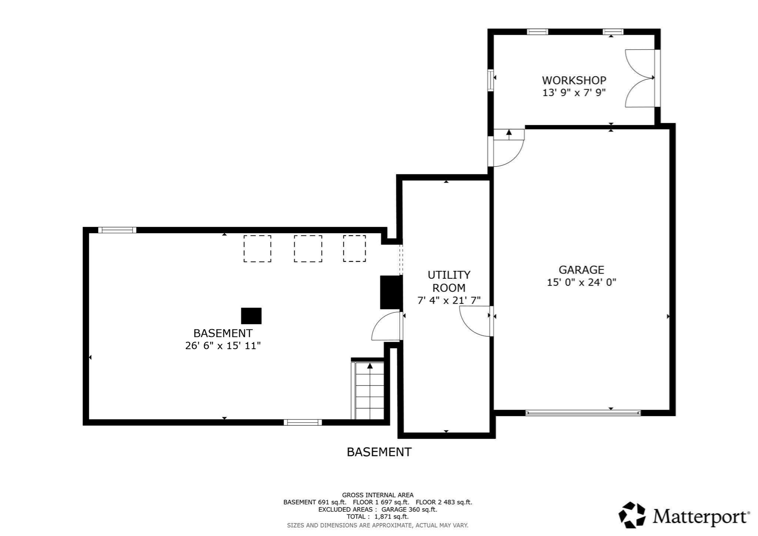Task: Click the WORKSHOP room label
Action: [x=574, y=80]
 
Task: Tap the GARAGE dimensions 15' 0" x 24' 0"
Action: [x=581, y=282]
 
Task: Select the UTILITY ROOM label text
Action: [x=449, y=281]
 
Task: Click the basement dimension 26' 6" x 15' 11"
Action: [x=223, y=346]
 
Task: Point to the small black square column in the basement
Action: [x=251, y=316]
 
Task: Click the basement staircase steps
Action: [x=369, y=392]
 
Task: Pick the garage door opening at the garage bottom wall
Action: [x=583, y=413]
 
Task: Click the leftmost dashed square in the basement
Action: [x=257, y=249]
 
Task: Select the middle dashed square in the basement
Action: [x=308, y=249]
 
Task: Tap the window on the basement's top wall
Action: [x=117, y=230]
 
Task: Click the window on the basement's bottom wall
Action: [x=303, y=422]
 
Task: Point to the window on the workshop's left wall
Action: [x=490, y=80]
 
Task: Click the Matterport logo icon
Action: [x=632, y=515]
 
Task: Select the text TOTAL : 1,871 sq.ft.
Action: [x=378, y=517]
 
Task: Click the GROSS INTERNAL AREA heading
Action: [x=378, y=495]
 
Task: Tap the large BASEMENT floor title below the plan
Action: [x=379, y=452]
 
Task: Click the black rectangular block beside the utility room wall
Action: [x=391, y=292]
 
